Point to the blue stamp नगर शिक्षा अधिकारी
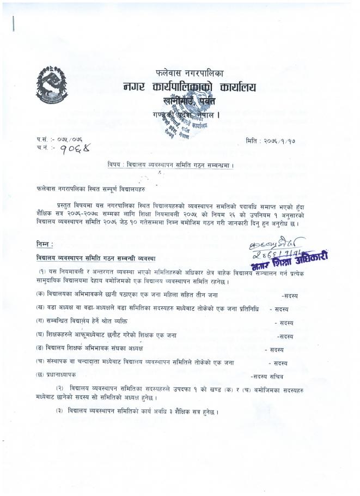tap(290, 259)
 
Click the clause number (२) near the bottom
tap(60, 388)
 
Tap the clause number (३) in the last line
tap(60, 410)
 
